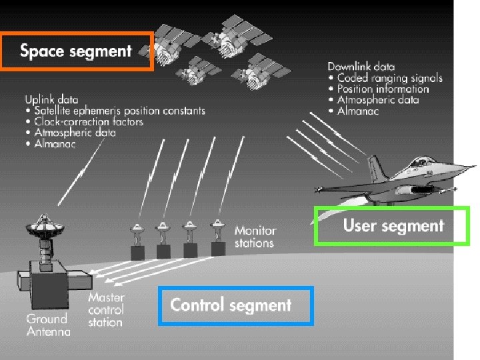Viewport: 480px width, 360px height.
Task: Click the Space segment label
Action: click(x=76, y=51)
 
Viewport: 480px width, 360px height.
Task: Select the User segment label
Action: click(x=393, y=226)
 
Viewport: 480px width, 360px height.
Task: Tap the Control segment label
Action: click(x=231, y=305)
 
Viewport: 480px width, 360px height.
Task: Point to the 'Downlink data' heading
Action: click(x=361, y=67)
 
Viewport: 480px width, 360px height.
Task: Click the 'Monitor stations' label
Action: click(x=254, y=237)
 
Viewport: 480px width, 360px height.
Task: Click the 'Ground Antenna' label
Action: click(x=48, y=325)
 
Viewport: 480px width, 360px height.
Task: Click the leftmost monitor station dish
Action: click(x=137, y=230)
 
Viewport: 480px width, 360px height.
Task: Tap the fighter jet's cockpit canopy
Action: click(x=420, y=162)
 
